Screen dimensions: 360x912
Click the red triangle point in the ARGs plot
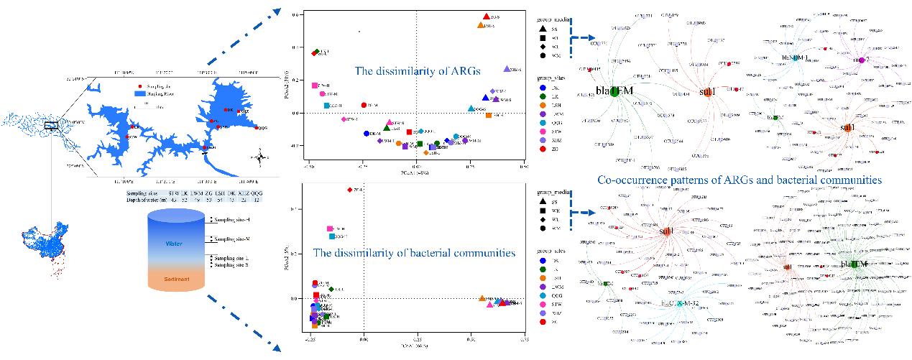[x=487, y=16]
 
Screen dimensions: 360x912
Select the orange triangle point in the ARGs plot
[x=481, y=25]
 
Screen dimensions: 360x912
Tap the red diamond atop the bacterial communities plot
[x=350, y=190]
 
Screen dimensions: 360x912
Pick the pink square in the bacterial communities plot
[x=330, y=229]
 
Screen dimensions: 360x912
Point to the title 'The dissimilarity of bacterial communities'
[x=414, y=253]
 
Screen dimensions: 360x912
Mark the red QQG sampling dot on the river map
[x=257, y=129]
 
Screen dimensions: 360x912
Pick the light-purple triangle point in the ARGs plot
[x=507, y=69]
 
